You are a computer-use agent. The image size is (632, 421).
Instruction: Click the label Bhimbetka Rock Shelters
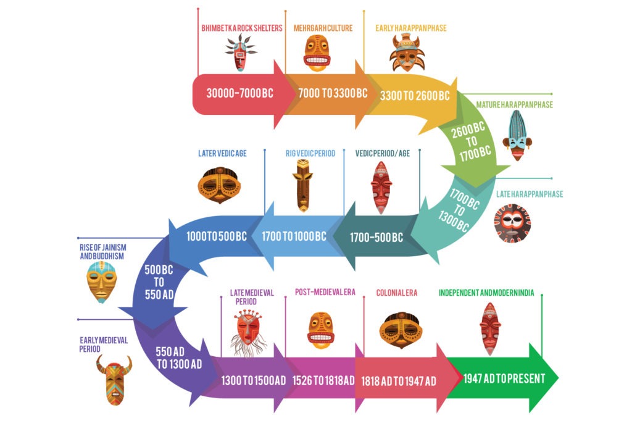[241, 28]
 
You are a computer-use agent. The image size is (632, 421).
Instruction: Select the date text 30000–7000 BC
[240, 94]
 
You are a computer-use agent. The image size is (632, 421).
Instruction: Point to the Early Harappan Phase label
[410, 28]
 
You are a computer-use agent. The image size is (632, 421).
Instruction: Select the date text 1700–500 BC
[376, 237]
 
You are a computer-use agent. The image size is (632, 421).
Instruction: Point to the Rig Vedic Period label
[310, 153]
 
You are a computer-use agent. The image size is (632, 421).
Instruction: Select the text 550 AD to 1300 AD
[179, 357]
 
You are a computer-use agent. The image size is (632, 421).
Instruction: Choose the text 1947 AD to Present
[504, 378]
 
